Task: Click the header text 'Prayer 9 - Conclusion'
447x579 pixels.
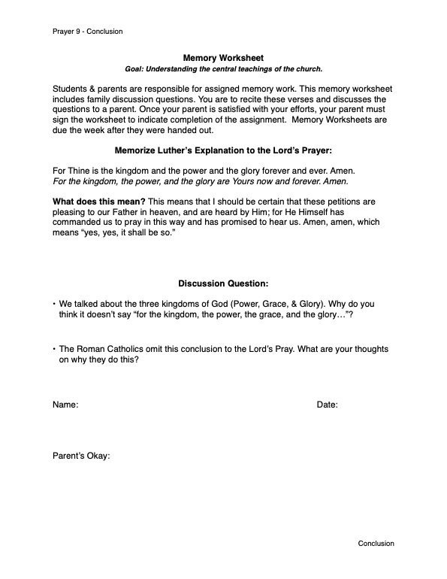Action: coord(88,32)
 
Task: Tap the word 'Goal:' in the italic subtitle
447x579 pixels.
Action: coord(136,68)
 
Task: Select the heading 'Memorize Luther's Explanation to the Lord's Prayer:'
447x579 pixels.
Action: coord(223,150)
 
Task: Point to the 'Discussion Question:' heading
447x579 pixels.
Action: coord(223,283)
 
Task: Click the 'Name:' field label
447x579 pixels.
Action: coord(65,405)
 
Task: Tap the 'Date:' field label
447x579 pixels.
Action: coord(327,405)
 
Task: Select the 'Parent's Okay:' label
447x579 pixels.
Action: coord(82,455)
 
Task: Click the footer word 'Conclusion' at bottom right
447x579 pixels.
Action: coord(376,543)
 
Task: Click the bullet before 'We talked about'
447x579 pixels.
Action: coord(54,303)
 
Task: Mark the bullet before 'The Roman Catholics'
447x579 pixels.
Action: coord(54,349)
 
